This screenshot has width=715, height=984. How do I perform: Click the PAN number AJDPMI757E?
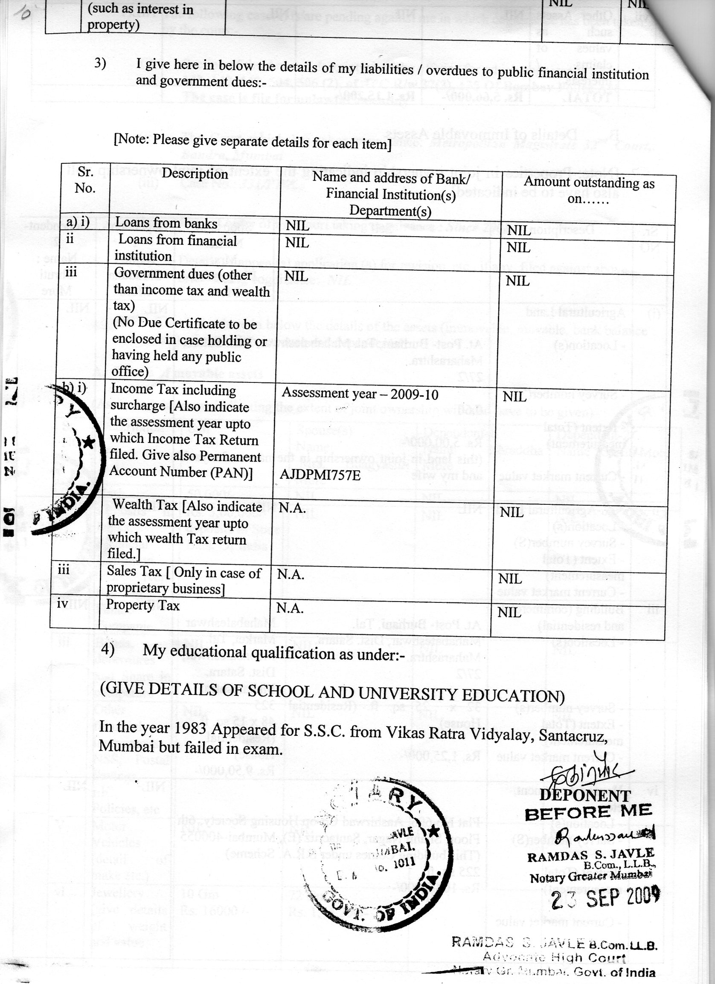coord(320,475)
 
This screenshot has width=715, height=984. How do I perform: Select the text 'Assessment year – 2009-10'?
coord(360,394)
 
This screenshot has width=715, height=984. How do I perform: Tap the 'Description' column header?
coord(195,174)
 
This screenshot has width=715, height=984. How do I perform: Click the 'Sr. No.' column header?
coord(85,180)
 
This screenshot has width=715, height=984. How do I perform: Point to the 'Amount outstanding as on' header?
coord(589,191)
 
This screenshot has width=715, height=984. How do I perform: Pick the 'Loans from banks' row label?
coord(166,223)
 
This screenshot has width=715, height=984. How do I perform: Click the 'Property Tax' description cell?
coord(143,605)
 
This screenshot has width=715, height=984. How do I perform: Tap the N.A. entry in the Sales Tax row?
coord(291,574)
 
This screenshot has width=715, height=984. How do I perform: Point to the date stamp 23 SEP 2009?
coord(605,899)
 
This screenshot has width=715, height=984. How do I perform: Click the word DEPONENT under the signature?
coord(585,795)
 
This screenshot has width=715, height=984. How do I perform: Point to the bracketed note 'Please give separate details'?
coord(252,142)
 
